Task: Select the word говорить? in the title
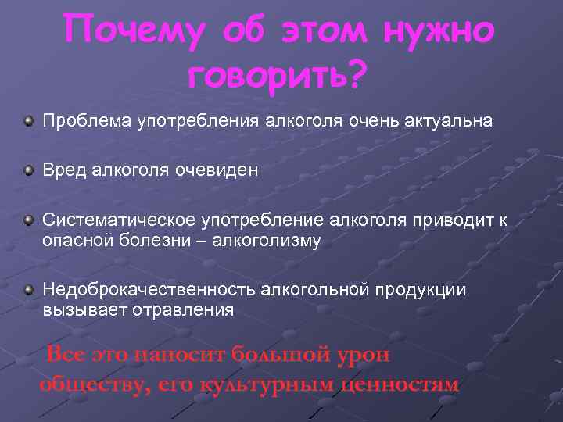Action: point(278,76)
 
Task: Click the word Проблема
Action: point(88,122)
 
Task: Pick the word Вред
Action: point(65,170)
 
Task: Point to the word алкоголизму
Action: point(272,240)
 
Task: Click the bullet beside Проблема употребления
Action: point(28,122)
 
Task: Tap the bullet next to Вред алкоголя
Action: point(28,170)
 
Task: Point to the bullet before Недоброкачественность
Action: point(28,291)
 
